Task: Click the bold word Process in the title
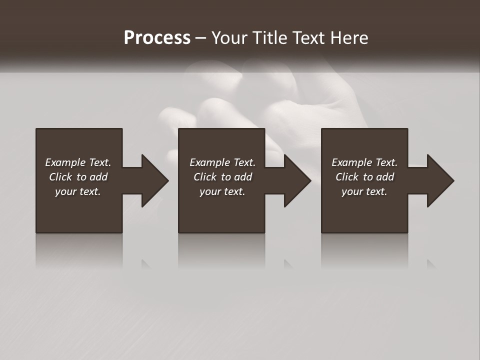click(x=157, y=38)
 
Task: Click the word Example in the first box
click(x=65, y=162)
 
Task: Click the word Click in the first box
click(x=60, y=177)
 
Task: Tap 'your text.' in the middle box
click(x=222, y=191)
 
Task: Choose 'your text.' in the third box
click(x=364, y=191)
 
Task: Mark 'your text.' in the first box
click(x=77, y=191)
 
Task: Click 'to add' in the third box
click(x=379, y=177)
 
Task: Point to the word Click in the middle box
click(x=205, y=177)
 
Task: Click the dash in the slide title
click(x=200, y=38)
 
